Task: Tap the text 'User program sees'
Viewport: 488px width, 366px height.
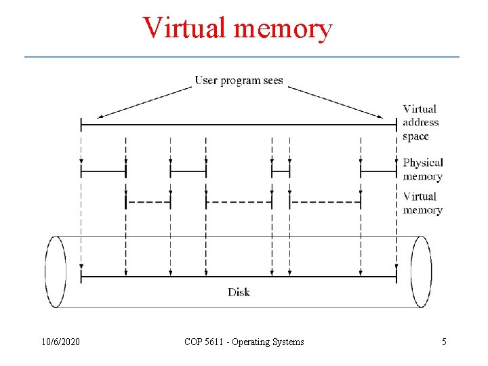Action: tap(239, 81)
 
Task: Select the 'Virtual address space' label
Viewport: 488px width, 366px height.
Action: tap(420, 122)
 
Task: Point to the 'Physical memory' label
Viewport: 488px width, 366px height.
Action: tap(422, 169)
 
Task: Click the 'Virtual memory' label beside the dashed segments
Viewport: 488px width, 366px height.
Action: tap(422, 203)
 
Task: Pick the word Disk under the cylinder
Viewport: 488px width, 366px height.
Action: tap(239, 292)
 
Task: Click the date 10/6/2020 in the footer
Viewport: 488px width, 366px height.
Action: tap(60, 342)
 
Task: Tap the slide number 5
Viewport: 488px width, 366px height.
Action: tap(444, 342)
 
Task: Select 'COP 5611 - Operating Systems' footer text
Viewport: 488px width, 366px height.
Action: tap(244, 342)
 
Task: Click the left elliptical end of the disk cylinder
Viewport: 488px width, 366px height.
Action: tap(56, 271)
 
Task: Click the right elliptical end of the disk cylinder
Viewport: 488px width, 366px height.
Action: tap(421, 271)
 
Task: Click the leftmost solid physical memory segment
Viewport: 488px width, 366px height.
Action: tap(103, 171)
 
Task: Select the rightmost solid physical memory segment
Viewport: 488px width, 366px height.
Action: tap(378, 171)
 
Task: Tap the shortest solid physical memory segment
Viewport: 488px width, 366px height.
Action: tap(281, 171)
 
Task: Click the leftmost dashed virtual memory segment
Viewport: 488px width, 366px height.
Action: tap(148, 202)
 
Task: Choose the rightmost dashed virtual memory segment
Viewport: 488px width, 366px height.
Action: tap(325, 202)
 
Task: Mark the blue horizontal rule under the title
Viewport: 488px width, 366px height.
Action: tap(242, 56)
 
